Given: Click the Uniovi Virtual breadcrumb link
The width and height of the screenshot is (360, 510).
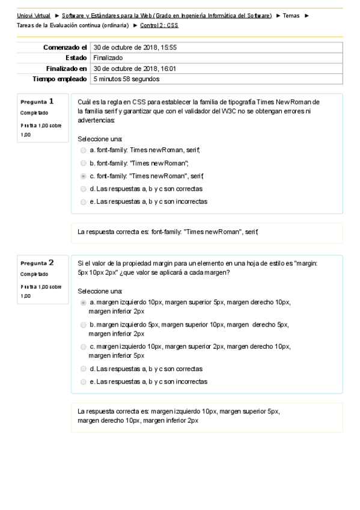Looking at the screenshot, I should [x=34, y=15].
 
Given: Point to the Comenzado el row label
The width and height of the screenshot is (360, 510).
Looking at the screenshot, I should [x=65, y=47].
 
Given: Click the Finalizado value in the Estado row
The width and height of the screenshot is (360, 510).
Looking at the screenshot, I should [x=108, y=58].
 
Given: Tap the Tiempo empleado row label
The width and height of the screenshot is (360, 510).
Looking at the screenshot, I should [x=59, y=79].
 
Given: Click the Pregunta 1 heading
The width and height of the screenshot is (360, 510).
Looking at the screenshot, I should [x=37, y=101].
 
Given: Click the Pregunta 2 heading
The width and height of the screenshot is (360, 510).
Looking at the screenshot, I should [x=37, y=262].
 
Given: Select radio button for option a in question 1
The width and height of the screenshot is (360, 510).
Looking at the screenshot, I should [x=83, y=150].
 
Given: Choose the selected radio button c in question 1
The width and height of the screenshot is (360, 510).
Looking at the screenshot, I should [x=83, y=176].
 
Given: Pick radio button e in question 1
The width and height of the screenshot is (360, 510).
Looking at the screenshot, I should [x=83, y=202].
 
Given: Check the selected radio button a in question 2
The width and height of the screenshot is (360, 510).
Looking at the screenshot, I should [x=83, y=303].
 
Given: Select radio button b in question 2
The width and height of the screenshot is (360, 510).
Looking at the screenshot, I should [x=83, y=325].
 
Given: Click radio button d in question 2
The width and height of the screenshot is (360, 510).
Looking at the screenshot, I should [x=83, y=369].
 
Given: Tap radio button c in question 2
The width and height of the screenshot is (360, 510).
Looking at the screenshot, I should [x=83, y=346].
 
